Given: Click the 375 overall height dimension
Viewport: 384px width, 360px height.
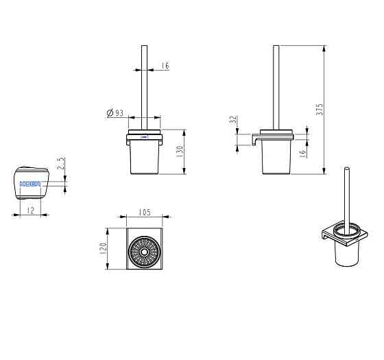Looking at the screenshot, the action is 320,110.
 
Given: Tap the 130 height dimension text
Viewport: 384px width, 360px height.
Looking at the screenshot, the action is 180,152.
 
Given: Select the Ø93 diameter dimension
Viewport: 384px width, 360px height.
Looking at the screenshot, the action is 115,113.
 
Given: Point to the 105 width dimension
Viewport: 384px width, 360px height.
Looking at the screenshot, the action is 145,212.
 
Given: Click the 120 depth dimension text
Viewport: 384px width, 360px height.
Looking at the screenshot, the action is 104,248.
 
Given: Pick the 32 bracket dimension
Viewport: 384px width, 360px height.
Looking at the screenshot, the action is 234,119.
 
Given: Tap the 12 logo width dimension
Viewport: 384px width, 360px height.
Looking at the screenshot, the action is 31,210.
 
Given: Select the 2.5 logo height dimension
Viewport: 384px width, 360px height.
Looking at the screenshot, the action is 60,163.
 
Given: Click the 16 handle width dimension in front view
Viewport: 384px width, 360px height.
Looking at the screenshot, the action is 165,66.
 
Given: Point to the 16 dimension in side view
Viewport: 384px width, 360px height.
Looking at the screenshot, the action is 303,153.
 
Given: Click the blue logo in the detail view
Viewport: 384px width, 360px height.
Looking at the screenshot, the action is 30,184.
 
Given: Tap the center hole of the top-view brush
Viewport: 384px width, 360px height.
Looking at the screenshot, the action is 144,252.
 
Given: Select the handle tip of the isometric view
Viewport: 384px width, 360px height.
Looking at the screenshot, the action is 346,168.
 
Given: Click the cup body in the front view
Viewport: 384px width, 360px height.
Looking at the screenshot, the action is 145,157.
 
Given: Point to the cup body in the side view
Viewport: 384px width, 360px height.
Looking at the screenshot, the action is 276,157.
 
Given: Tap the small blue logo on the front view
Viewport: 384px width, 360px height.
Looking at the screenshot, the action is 145,137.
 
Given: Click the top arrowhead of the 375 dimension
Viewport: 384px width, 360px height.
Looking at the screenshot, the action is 324,49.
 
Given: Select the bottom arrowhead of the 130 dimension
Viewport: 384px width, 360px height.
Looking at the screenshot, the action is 184,171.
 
